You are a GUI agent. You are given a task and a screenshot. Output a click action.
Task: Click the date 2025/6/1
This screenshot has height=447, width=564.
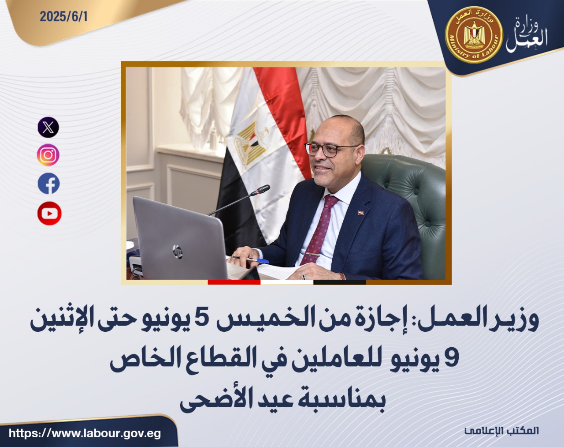[x=64, y=17]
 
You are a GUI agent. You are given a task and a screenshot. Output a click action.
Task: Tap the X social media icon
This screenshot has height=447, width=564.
[x=48, y=127]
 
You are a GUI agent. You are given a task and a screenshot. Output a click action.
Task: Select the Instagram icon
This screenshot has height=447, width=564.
[x=48, y=155]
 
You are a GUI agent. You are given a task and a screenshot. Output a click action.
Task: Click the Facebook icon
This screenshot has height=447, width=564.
[x=48, y=184]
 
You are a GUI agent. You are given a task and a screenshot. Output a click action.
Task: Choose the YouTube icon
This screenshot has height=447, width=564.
[x=49, y=214]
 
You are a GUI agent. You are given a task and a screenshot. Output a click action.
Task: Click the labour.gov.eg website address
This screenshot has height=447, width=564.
[x=84, y=433]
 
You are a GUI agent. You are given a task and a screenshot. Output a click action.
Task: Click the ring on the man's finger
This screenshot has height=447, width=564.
[x=304, y=277]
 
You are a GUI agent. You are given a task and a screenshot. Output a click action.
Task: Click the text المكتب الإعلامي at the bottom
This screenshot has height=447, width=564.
[x=502, y=431]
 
